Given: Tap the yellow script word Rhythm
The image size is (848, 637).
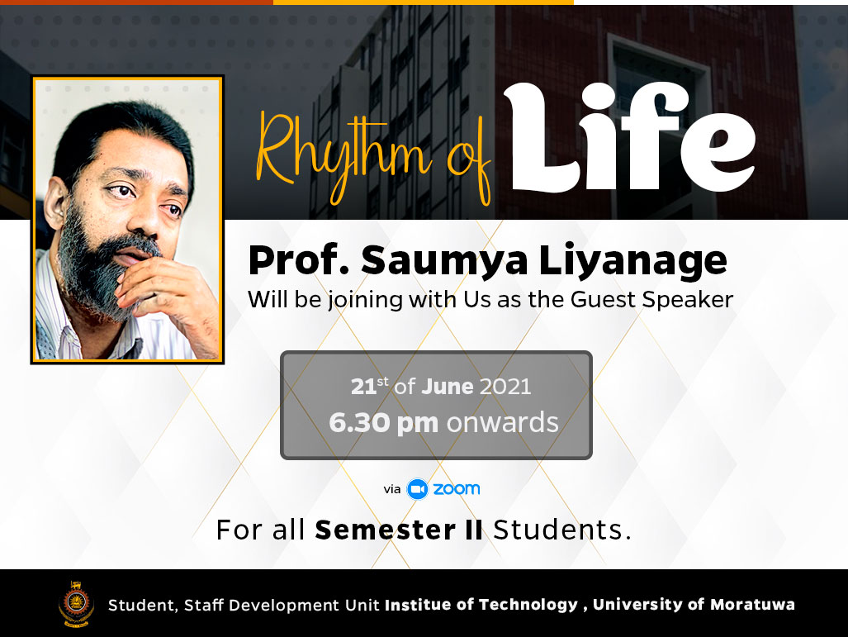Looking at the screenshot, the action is pyautogui.click(x=343, y=154).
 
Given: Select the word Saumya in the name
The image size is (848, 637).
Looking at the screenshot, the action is pyautogui.click(x=444, y=261).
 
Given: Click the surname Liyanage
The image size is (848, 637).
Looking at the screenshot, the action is pyautogui.click(x=632, y=261).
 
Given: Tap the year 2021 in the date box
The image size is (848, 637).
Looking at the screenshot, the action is pyautogui.click(x=505, y=387).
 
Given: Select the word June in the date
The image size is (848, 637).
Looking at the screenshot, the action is pyautogui.click(x=448, y=387).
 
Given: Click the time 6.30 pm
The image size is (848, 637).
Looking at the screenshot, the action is pyautogui.click(x=383, y=423).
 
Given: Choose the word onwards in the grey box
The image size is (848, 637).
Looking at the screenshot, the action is pyautogui.click(x=502, y=423).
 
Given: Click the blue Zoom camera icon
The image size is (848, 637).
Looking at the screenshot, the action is pyautogui.click(x=417, y=489).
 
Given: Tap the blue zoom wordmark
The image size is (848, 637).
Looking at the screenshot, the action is pyautogui.click(x=457, y=489).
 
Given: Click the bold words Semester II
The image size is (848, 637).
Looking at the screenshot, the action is pyautogui.click(x=399, y=530).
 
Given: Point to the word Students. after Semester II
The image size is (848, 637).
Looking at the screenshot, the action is pyautogui.click(x=562, y=530).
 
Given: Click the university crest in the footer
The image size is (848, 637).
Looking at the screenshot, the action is pyautogui.click(x=76, y=604).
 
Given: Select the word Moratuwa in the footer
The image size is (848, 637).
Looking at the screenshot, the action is pyautogui.click(x=752, y=604).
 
